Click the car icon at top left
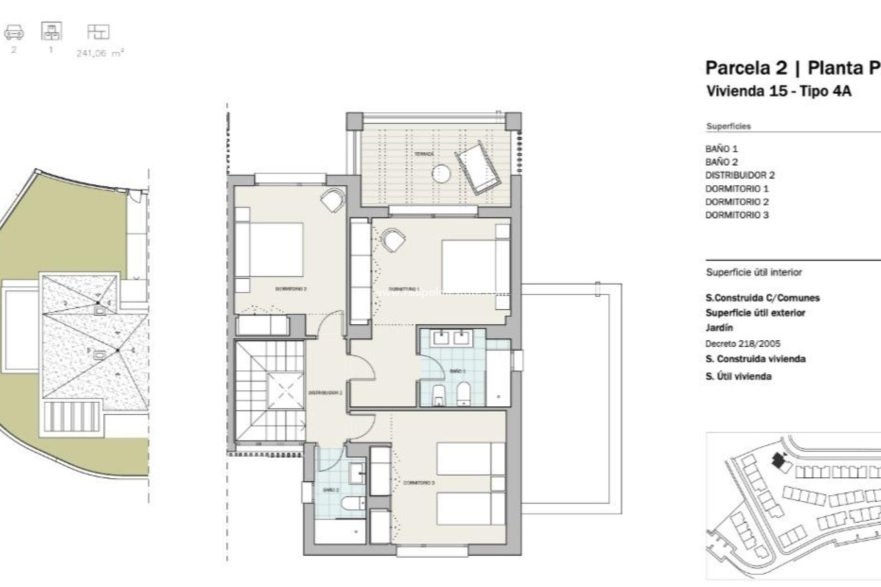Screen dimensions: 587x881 [x=14, y=32]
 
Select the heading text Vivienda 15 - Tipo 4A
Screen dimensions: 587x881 [x=779, y=91]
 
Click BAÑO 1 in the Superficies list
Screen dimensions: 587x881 [x=721, y=149]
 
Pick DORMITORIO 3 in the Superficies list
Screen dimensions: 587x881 [x=736, y=215]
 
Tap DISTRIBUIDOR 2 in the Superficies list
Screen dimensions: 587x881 [x=740, y=175]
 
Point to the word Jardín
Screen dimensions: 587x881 [x=719, y=327]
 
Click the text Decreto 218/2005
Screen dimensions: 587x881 [x=742, y=343]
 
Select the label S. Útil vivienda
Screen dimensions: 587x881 [x=738, y=377]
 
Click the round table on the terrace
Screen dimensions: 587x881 [x=441, y=174]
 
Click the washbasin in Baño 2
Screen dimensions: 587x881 [x=356, y=471]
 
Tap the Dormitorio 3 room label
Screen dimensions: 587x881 [x=418, y=483]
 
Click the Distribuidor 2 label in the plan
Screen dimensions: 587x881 [x=325, y=393]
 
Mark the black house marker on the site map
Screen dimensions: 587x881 [x=778, y=460]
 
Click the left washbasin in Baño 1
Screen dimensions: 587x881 [x=441, y=338]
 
